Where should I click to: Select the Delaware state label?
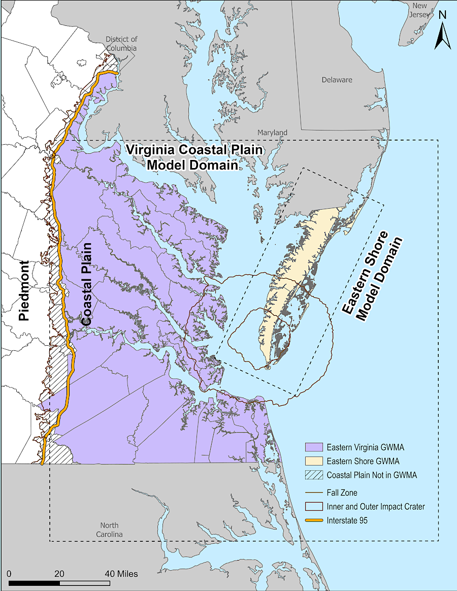337,80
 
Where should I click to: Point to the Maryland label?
272,133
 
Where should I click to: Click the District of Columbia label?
121,44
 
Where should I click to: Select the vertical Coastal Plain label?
87,284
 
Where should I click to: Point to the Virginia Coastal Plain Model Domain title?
194,157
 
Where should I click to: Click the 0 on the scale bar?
10,573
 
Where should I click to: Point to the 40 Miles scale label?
121,573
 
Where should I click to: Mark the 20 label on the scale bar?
59,573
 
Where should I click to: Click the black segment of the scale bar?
34,583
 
